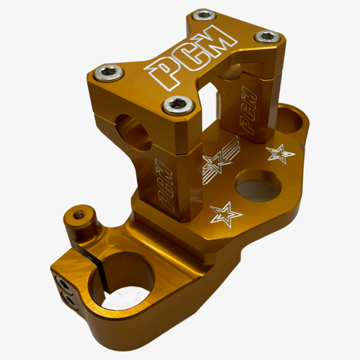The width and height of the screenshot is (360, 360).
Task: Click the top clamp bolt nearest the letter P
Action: coord(109,73)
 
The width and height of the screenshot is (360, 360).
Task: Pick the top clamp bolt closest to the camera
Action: coord(178,105)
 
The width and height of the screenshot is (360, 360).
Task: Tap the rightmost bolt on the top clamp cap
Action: coord(267,37)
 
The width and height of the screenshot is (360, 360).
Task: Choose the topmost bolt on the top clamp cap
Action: coord(204,16)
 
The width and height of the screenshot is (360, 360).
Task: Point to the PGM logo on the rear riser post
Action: coord(248,110)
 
